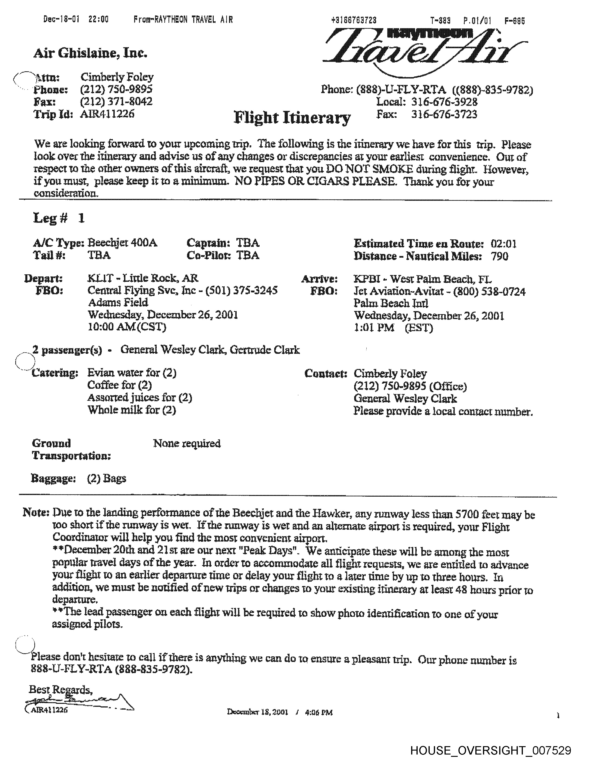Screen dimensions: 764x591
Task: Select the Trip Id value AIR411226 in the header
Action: [107, 114]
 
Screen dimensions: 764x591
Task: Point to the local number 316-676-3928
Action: [444, 102]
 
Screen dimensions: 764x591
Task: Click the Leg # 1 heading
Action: [59, 218]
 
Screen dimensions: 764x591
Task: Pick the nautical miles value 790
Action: [499, 257]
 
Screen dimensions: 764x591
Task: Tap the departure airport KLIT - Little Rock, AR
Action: [143, 279]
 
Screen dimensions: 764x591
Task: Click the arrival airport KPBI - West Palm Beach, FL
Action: [422, 279]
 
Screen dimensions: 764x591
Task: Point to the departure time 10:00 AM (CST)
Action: [127, 327]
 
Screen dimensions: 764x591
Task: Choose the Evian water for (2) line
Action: [132, 373]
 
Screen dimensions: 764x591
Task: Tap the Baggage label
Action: [54, 478]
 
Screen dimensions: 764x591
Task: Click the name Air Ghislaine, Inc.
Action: [90, 53]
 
